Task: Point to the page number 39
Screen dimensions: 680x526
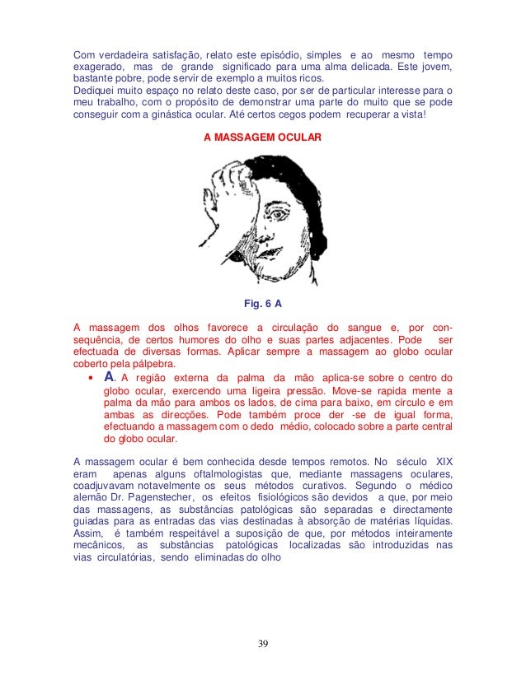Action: [x=262, y=643]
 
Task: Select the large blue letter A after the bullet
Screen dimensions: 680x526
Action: [x=105, y=377]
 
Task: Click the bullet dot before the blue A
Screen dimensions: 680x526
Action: [x=89, y=379]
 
